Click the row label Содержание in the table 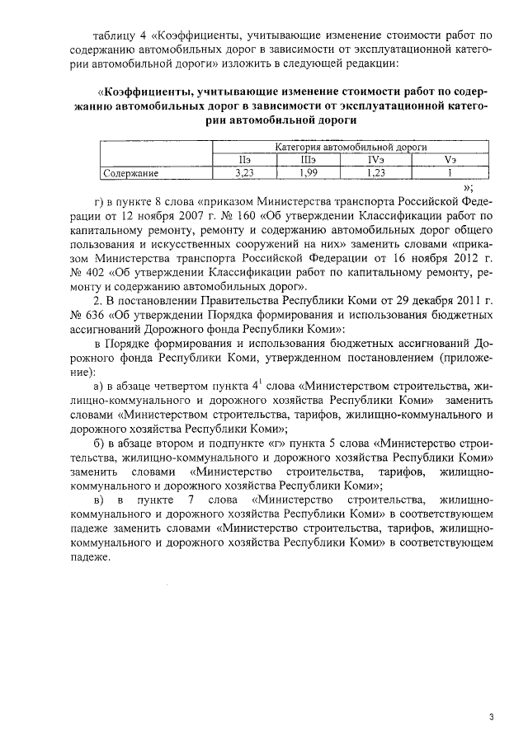pos(130,174)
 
